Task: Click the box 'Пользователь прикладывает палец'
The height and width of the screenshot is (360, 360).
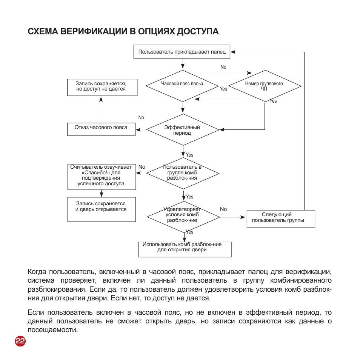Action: pyautogui.click(x=182, y=52)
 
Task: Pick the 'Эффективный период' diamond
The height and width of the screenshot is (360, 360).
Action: pyautogui.click(x=183, y=130)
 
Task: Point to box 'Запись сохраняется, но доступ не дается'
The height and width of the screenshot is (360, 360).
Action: pyautogui.click(x=101, y=87)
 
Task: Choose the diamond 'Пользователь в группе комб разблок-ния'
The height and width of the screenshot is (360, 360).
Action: pyautogui.click(x=183, y=172)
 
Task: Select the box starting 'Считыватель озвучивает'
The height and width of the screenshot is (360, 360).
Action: pyautogui.click(x=101, y=176)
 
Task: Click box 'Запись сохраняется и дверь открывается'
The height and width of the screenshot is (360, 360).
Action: pyautogui.click(x=101, y=209)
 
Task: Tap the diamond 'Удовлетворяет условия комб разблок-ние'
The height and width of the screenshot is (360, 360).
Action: pyautogui.click(x=183, y=217)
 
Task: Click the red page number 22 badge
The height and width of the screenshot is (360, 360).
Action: pyautogui.click(x=20, y=341)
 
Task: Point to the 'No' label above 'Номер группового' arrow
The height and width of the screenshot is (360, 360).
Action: pyautogui.click(x=223, y=67)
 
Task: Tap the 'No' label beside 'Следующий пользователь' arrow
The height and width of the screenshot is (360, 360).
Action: pyautogui.click(x=223, y=209)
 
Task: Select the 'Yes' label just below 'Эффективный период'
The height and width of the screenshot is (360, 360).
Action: pyautogui.click(x=189, y=155)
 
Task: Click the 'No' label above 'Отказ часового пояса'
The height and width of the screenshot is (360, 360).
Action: pyautogui.click(x=141, y=118)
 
